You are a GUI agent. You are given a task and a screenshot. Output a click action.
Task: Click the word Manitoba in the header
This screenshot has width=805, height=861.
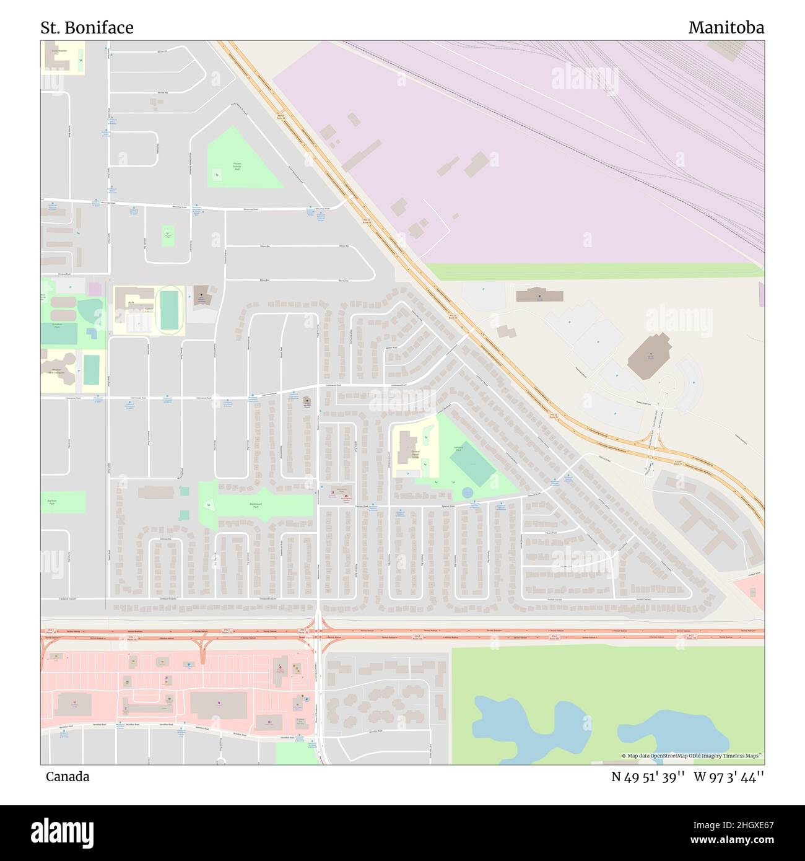pos(726,28)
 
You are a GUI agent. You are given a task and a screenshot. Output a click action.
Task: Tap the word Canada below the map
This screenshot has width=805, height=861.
pos(67,776)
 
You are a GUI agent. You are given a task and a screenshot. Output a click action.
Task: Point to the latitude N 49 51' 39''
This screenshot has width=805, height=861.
pos(648,776)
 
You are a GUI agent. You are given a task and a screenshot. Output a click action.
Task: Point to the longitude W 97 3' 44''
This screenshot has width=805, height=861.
pos(729,776)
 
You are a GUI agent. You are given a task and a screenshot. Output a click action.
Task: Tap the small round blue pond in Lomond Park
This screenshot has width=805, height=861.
pos(468,492)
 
